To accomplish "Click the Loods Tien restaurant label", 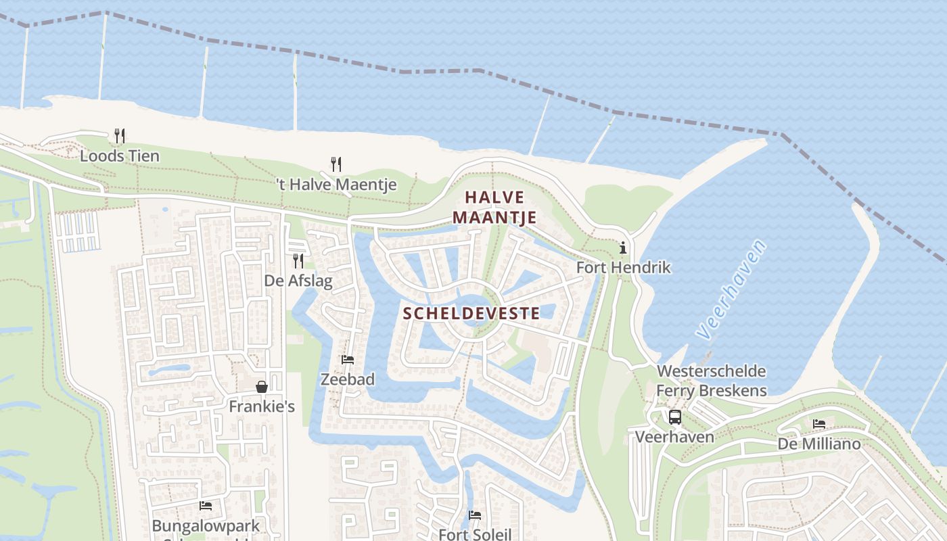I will [120, 156].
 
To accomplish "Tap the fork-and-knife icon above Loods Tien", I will [120, 136].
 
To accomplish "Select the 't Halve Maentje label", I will [336, 185].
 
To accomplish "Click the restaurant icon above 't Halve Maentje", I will [336, 164].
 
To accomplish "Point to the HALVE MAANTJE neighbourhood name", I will [494, 207].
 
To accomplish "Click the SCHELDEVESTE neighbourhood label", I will [471, 313].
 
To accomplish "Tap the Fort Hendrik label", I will [623, 268].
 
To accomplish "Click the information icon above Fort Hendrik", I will [623, 248].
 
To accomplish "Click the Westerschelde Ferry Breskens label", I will [712, 381].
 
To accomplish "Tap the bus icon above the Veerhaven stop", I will [674, 417].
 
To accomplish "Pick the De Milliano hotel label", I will [819, 444].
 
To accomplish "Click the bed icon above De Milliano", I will [819, 425].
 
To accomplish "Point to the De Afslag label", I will [298, 281].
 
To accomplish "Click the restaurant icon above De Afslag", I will [298, 260].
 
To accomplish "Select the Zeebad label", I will [348, 380].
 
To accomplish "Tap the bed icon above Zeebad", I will [348, 360].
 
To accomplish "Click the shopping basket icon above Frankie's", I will [262, 387].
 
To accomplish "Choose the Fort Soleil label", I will [475, 534].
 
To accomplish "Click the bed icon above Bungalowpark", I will [206, 506].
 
